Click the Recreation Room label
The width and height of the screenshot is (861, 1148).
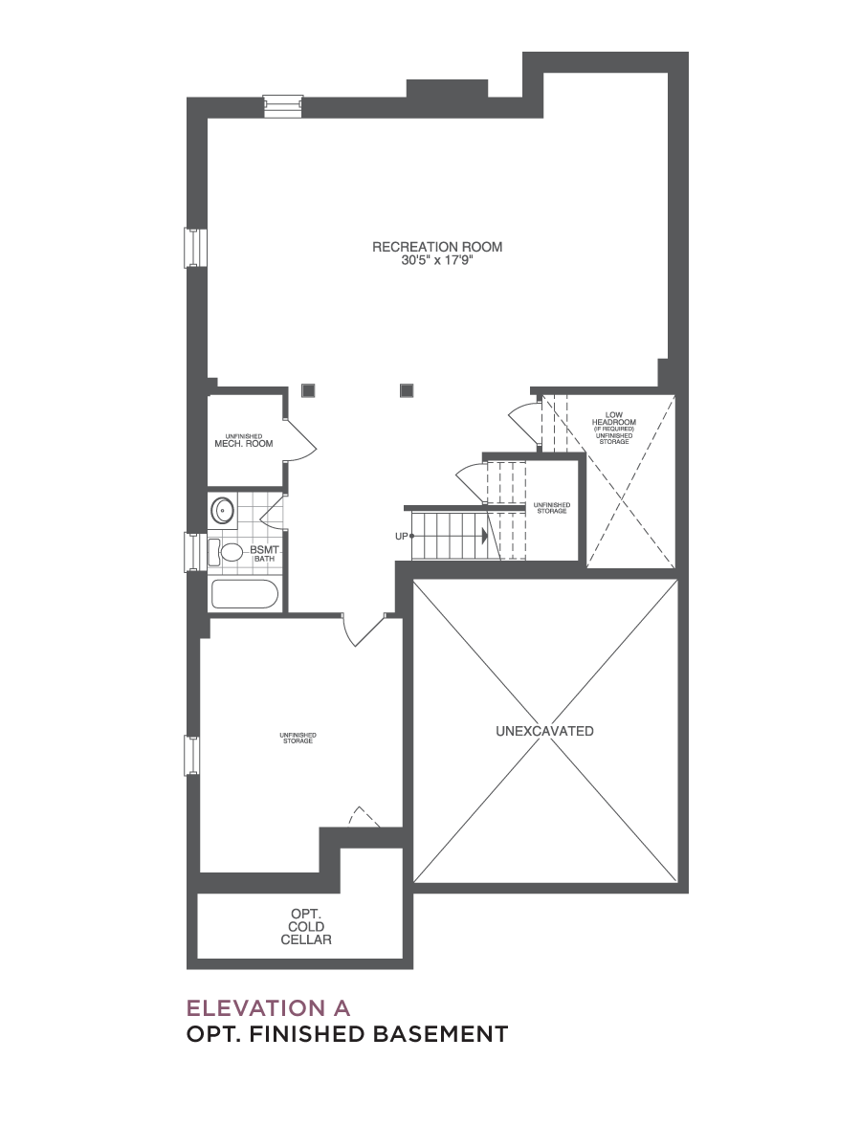click(x=437, y=247)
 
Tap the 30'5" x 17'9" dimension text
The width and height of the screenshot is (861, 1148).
click(x=437, y=260)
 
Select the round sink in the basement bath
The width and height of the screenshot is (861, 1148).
click(x=223, y=510)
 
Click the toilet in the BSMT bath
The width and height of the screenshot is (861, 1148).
click(x=226, y=552)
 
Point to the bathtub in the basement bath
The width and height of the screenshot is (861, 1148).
click(x=244, y=594)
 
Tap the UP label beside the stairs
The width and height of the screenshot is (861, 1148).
click(x=401, y=536)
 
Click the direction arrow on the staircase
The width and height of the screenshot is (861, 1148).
click(x=485, y=535)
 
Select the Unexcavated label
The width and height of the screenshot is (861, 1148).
click(x=544, y=731)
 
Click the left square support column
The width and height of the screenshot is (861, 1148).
click(x=308, y=390)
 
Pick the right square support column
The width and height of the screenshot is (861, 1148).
click(x=407, y=390)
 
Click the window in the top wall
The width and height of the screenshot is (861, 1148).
click(x=283, y=107)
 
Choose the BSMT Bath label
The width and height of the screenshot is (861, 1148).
click(x=264, y=554)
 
